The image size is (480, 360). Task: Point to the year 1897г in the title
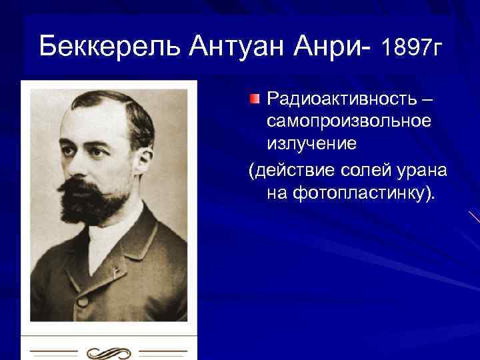click(x=411, y=47)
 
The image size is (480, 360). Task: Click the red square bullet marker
click(x=255, y=100)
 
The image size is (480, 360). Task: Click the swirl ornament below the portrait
click(x=109, y=351)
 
